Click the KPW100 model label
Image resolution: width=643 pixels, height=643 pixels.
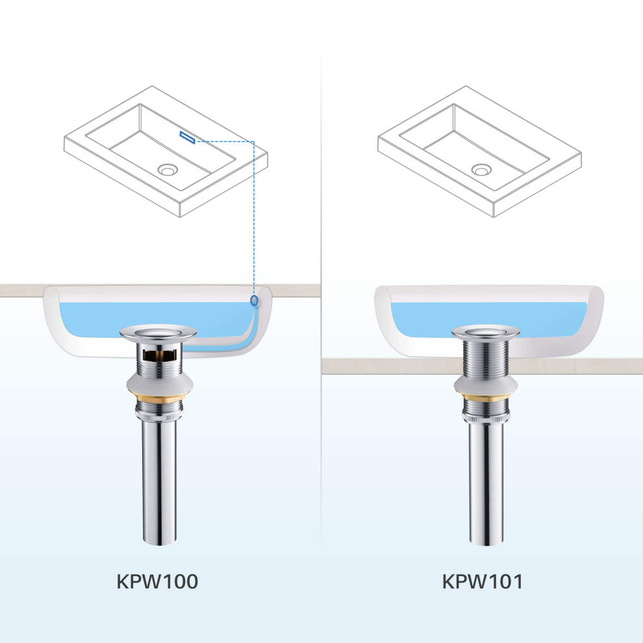(157, 581)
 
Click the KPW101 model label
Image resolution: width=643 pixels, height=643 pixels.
(483, 581)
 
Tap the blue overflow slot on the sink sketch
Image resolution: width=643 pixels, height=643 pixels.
(188, 138)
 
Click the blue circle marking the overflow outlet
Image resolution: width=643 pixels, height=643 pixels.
(254, 301)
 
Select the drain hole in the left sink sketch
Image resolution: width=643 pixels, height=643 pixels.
(168, 170)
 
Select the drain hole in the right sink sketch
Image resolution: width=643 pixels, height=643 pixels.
(481, 170)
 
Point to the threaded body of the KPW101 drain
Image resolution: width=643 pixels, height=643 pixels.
(486, 358)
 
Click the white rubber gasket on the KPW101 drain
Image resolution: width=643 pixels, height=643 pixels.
(486, 385)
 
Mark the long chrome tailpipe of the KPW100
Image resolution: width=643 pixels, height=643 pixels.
(160, 483)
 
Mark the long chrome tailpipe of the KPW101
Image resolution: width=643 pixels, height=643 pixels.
(486, 485)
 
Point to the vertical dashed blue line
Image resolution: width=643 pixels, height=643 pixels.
(254, 218)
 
